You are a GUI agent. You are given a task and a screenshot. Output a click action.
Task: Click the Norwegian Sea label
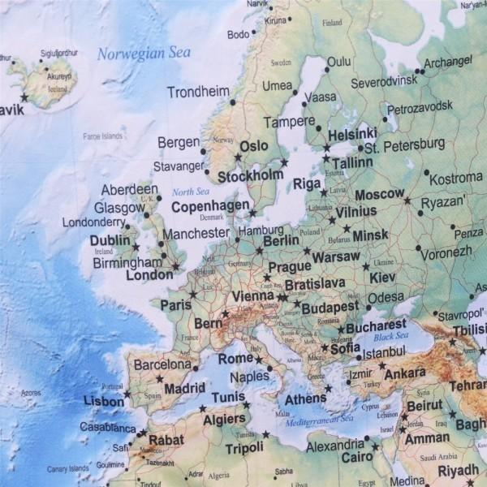[144, 54]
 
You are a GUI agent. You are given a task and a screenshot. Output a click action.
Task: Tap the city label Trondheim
[198, 92]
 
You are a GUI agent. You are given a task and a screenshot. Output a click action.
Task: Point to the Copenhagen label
[210, 206]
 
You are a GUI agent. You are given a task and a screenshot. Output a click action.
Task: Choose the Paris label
[175, 305]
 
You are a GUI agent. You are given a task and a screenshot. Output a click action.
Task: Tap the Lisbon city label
[104, 400]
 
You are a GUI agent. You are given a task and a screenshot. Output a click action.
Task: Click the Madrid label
[184, 388]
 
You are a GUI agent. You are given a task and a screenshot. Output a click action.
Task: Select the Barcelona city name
[162, 365]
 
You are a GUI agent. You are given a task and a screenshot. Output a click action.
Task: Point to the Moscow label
[379, 195]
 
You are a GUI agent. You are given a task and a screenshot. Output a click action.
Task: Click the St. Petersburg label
[404, 146]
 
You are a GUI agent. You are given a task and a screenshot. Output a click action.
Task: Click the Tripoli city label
[244, 448]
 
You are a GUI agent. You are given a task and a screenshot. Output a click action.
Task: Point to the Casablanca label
[107, 427]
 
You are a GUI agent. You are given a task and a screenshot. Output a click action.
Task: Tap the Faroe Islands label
[102, 136]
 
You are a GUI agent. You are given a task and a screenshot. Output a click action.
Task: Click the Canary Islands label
[67, 468]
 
